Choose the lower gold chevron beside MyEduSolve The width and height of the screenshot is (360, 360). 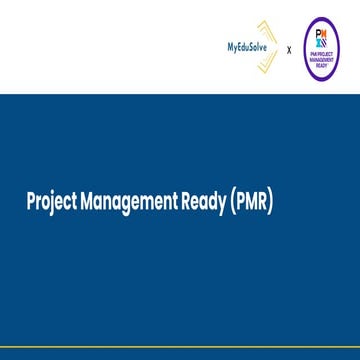267,62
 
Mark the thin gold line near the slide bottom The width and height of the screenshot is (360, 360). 180,353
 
